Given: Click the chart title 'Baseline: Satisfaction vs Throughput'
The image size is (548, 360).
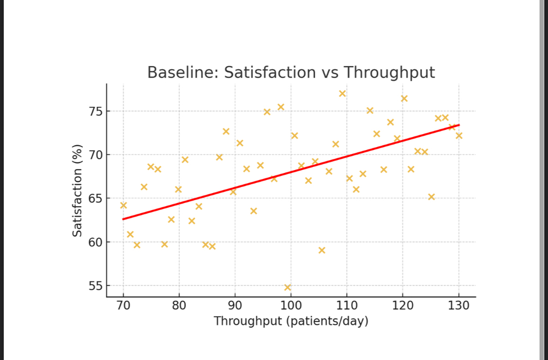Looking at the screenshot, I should [291, 73].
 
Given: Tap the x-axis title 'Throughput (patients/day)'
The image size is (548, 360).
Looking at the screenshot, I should [291, 321].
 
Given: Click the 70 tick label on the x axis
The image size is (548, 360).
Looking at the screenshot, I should [123, 305].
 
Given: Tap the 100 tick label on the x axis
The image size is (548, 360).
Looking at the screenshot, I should [291, 305].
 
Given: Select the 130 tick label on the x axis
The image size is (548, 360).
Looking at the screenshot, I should [459, 305].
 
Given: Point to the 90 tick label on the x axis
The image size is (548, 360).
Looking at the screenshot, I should [235, 305].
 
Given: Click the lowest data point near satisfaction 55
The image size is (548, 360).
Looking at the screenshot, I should [288, 287].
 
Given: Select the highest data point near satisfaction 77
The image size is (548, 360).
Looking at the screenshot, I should [342, 93].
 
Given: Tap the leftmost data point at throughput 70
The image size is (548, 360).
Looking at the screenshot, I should [123, 205].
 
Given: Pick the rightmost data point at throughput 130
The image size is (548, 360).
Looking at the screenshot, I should [459, 135].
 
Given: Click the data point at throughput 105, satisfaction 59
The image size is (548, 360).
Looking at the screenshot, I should [322, 250].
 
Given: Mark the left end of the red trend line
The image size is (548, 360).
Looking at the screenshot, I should [124, 219].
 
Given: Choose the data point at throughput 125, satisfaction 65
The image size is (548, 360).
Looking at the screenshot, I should [431, 196].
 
